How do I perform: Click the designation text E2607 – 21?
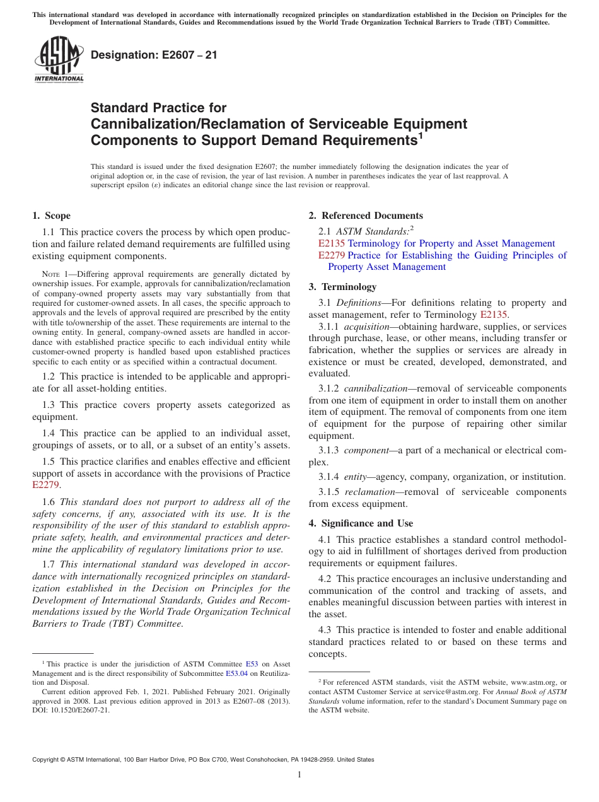click(154, 55)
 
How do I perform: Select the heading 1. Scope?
click(52, 216)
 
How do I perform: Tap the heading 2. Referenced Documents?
click(366, 216)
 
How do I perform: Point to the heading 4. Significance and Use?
click(361, 523)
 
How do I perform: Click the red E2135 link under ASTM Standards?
click(332, 243)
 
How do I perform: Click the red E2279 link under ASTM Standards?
click(332, 255)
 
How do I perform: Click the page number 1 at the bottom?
click(299, 775)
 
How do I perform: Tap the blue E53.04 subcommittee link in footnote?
click(238, 673)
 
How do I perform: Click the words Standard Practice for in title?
click(158, 108)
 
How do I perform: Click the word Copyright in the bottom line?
click(46, 760)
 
